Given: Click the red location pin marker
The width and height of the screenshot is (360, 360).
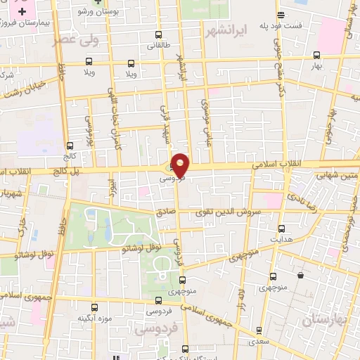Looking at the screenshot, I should coord(180,165).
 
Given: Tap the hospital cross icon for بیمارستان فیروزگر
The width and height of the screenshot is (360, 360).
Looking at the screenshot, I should coord(23,13).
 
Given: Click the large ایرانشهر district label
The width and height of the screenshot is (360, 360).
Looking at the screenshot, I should coord(226,32).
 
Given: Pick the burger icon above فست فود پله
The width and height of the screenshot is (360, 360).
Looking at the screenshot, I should coord(281,15).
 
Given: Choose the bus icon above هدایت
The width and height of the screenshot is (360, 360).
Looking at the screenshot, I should coord(282,229).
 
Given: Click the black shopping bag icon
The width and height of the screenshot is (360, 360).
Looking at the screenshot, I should coord(301,275).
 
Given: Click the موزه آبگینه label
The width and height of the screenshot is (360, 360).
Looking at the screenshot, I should coord(93,318).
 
